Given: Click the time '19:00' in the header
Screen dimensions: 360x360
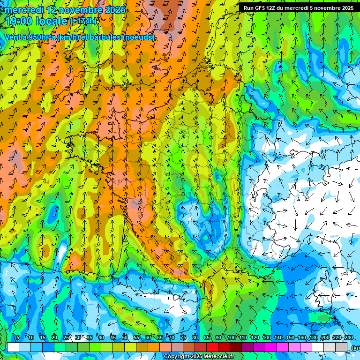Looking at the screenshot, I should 18,21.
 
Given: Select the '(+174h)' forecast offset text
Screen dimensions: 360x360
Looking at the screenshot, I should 83,21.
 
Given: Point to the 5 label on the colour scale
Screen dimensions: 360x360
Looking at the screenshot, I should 18,338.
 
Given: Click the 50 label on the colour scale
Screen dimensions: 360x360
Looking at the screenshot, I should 125,338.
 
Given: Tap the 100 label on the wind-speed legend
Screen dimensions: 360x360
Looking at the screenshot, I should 232,338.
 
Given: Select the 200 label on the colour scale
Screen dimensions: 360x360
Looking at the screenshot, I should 325,338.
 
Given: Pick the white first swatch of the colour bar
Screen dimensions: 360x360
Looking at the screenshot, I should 13,347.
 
